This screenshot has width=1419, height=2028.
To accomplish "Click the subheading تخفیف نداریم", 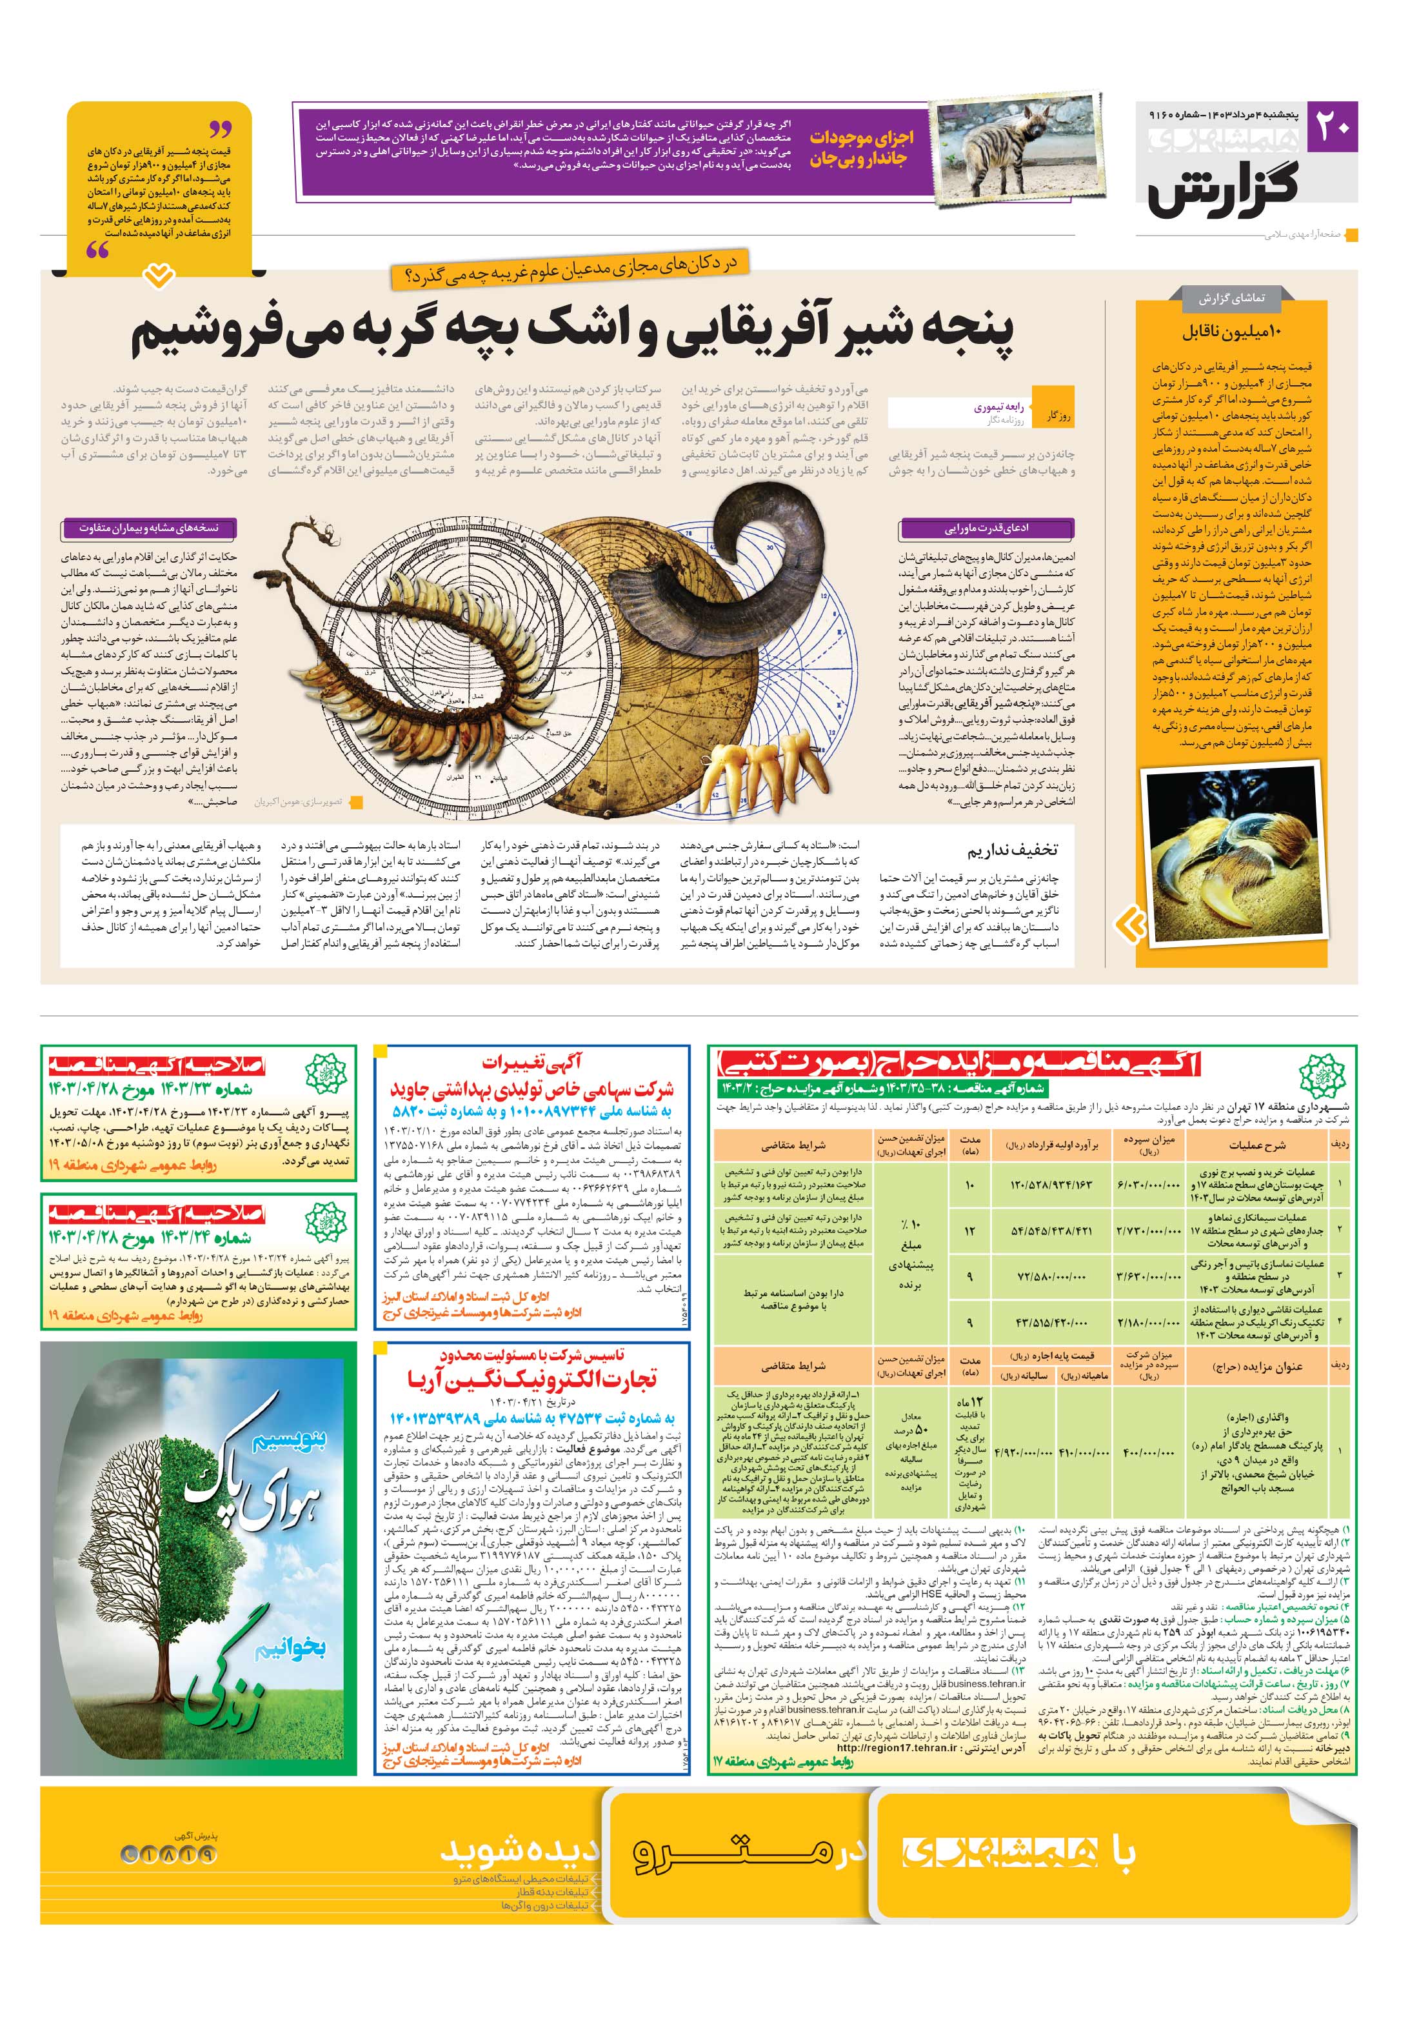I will click(x=1011, y=850).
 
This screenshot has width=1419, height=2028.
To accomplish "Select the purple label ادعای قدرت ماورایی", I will click(x=986, y=528).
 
